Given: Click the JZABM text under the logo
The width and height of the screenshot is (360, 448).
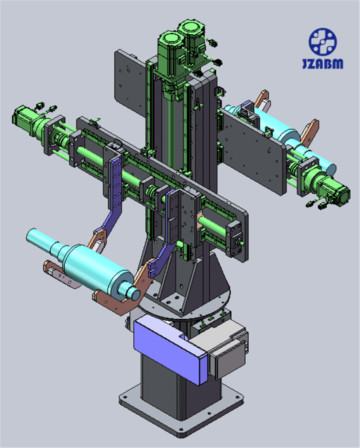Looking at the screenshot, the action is pyautogui.click(x=323, y=63).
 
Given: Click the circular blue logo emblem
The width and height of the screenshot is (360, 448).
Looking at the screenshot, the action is pyautogui.click(x=323, y=42).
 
